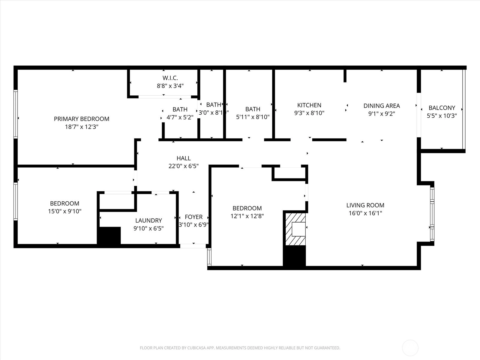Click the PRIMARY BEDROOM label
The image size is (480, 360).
[x=82, y=119]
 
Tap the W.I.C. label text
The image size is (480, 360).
[x=170, y=78]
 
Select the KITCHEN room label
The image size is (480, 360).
[x=309, y=105]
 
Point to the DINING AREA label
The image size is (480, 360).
[x=382, y=106]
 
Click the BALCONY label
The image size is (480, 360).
[x=442, y=108]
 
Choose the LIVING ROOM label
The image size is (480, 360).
[x=365, y=205]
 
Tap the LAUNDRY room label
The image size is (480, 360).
[x=148, y=220]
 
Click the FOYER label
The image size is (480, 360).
[x=193, y=217]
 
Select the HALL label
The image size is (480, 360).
[x=184, y=158]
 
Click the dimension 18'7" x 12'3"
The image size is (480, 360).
[x=82, y=127]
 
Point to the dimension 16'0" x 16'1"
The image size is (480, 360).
[x=365, y=213]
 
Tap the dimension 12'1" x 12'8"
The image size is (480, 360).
[x=247, y=216]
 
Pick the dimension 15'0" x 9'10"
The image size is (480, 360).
[x=65, y=211]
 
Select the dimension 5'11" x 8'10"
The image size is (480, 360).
[x=253, y=117]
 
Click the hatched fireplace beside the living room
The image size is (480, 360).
[x=295, y=229]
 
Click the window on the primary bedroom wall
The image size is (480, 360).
[x=16, y=114]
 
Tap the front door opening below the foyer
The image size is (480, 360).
[x=193, y=246]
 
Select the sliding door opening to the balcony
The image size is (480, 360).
[x=419, y=115]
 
